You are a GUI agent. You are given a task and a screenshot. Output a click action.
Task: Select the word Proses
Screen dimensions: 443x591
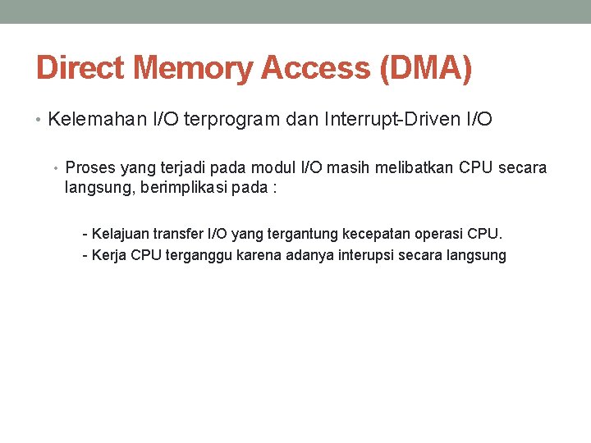[x=91, y=168]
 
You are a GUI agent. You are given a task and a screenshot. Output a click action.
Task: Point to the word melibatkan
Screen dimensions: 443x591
[x=412, y=168]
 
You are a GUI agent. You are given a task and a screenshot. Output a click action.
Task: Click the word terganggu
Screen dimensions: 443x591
[x=199, y=255]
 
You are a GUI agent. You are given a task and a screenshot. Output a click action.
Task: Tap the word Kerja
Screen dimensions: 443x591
[x=109, y=255]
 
